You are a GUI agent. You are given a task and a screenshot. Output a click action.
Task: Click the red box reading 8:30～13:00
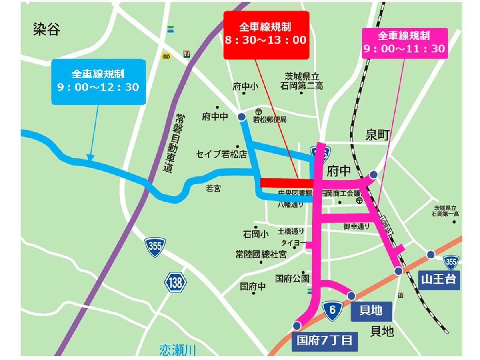pos(266,35)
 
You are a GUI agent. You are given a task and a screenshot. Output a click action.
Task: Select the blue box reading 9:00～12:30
pos(98,82)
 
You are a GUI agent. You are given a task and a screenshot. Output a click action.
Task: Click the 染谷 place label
pos(46,30)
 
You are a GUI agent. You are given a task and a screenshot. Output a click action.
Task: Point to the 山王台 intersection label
pos(438,279)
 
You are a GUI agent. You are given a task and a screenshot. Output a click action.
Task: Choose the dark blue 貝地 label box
pos(371,310)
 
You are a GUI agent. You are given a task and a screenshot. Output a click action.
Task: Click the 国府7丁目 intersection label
pos(324,340)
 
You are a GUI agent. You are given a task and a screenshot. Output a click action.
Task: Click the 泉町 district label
pos(377,136)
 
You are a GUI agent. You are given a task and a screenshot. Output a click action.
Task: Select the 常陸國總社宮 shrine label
pos(261,254)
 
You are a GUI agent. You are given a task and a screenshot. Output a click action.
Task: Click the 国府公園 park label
pos(292,278)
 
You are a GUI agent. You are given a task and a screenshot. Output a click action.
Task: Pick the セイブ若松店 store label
pos(221,154)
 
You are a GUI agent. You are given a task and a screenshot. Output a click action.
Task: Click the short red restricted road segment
pos(286,183)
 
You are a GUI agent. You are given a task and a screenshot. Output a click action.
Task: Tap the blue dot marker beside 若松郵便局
pos(242,117)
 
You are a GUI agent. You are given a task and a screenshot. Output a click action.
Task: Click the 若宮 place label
pos(213,188)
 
